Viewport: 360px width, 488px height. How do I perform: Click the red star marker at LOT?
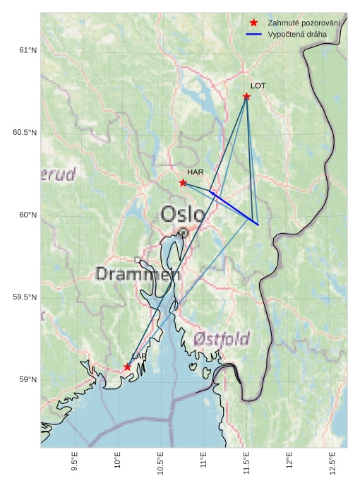pyautogui.click(x=246, y=96)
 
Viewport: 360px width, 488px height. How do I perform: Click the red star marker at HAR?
pyautogui.click(x=183, y=183)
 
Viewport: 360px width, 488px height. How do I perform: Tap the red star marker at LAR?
pyautogui.click(x=128, y=367)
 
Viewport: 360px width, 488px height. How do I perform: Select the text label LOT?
pyautogui.click(x=258, y=85)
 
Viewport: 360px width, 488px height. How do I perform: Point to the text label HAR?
pyautogui.click(x=195, y=172)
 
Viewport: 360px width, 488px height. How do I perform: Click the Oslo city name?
pyautogui.click(x=183, y=213)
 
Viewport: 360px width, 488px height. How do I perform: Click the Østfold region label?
pyautogui.click(x=222, y=340)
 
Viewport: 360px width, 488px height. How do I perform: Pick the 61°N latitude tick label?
pyautogui.click(x=27, y=50)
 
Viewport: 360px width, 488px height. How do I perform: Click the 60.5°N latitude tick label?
pyautogui.click(x=24, y=133)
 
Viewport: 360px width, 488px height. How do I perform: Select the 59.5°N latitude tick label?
pyautogui.click(x=24, y=297)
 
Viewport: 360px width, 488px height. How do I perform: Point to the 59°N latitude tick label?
pyautogui.click(x=27, y=380)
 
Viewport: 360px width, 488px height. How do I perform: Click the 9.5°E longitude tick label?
pyautogui.click(x=75, y=463)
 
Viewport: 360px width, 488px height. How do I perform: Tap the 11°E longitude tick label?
pyautogui.click(x=204, y=463)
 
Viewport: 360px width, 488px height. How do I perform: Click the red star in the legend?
pyautogui.click(x=254, y=23)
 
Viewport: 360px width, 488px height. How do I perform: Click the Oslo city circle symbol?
pyautogui.click(x=183, y=232)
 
